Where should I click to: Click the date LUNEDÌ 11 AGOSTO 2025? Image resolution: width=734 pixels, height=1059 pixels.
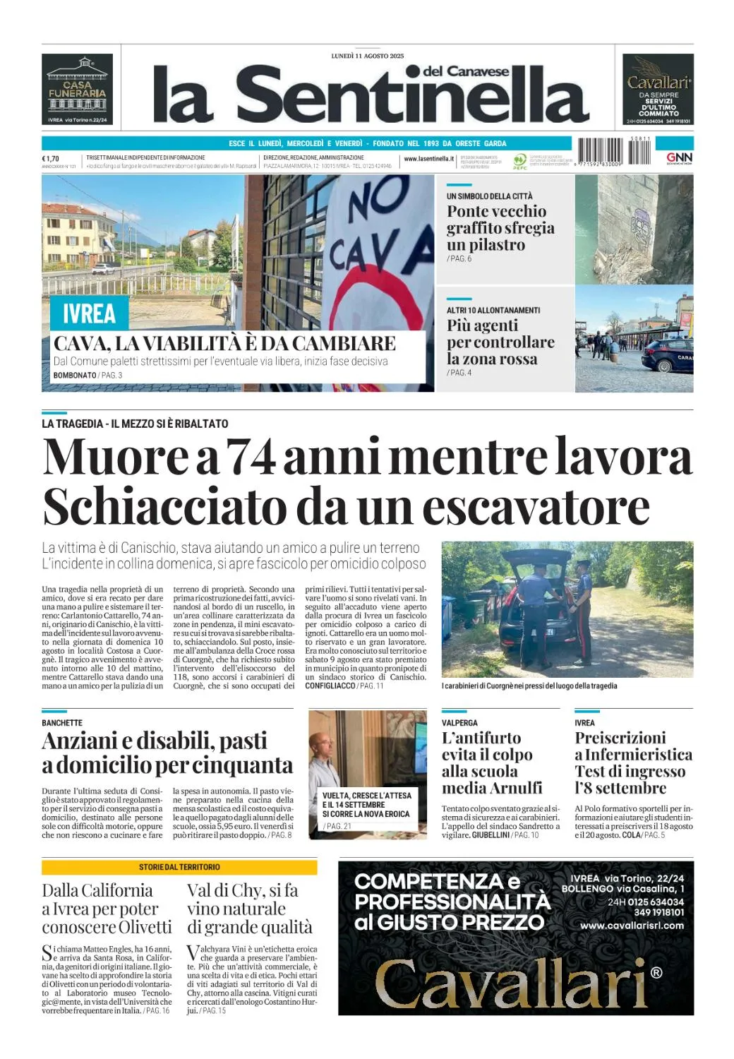368,56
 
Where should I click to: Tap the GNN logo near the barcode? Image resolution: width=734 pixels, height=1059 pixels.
679,158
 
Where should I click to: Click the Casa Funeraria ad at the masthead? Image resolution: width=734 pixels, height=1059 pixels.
78,89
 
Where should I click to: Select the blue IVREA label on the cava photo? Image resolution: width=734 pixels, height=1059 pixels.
89,313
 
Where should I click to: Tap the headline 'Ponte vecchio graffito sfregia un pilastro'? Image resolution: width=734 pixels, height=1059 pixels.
500,228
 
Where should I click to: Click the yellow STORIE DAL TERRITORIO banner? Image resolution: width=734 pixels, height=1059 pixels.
179,867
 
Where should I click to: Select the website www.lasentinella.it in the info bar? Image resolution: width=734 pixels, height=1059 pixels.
428,159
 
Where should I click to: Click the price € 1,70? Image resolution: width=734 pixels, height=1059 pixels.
51,159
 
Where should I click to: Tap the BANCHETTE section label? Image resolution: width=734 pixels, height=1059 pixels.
62,723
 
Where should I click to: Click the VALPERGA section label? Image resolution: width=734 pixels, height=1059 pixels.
459,723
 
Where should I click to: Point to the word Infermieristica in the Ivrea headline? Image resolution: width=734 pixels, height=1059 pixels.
638,755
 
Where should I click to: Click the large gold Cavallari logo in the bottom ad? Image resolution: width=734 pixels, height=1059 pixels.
512,982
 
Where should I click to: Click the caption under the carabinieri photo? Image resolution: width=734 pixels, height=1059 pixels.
529,686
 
